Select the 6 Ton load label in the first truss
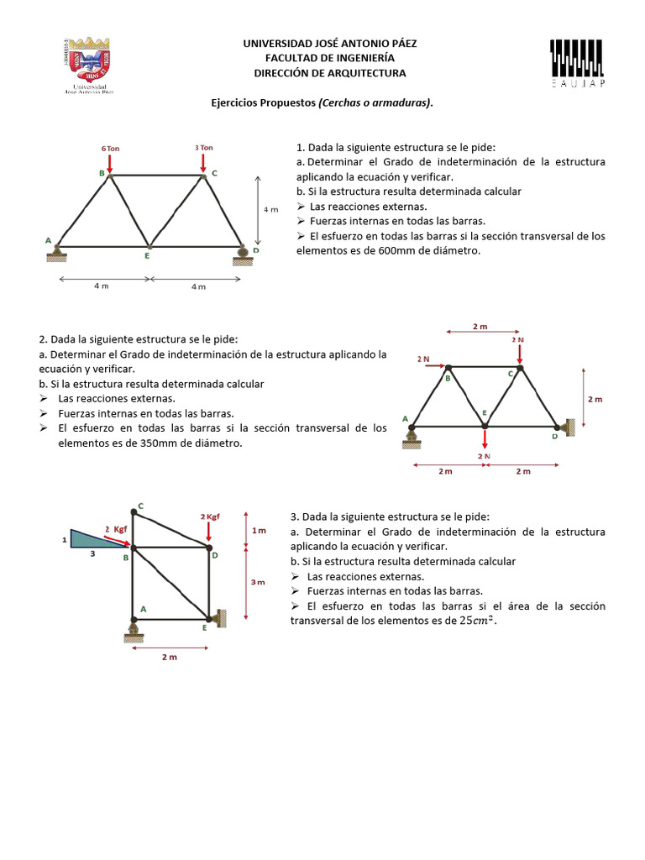pos(111,148)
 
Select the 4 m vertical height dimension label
pos(270,210)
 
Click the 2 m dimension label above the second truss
pos(480,327)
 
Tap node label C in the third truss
pos(140,506)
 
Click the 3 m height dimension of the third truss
pos(259,582)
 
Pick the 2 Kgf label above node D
pos(209,517)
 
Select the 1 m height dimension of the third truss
pos(259,530)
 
